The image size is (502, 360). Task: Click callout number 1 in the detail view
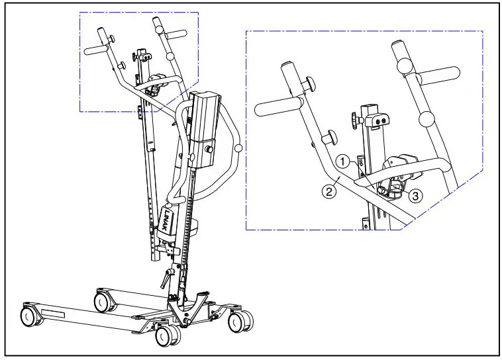click(342, 161)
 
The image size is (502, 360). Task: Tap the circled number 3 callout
click(415, 196)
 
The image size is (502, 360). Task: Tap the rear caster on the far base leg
click(102, 302)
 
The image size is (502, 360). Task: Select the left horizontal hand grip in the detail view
click(274, 108)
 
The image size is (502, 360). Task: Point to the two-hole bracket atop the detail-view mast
click(377, 121)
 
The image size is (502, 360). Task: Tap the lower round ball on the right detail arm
click(428, 119)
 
